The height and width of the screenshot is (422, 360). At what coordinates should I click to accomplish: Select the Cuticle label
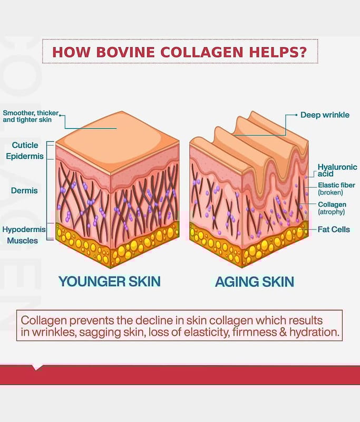point(25,145)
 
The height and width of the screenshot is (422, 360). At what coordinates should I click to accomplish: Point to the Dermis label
point(24,190)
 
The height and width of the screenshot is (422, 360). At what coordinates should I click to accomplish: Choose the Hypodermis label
point(24,230)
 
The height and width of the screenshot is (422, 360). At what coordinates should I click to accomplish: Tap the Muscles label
point(23,241)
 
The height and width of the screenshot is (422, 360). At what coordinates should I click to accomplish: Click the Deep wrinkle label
point(325,114)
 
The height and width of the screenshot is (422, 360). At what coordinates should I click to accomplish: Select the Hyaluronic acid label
point(337,170)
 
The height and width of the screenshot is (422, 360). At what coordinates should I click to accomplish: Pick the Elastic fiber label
point(336,185)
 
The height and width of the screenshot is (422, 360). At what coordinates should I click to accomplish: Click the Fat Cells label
point(334,229)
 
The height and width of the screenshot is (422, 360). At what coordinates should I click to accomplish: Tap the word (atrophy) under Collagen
point(331,212)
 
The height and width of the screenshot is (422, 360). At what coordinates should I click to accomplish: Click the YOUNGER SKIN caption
point(109,281)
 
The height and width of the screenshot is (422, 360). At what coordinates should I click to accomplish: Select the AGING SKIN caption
point(254,282)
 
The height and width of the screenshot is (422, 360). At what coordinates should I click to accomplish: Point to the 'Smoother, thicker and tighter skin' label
point(30,117)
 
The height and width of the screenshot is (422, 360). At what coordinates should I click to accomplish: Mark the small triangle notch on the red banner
point(36,367)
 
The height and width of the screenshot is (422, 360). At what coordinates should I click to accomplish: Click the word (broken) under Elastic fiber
point(331,193)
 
